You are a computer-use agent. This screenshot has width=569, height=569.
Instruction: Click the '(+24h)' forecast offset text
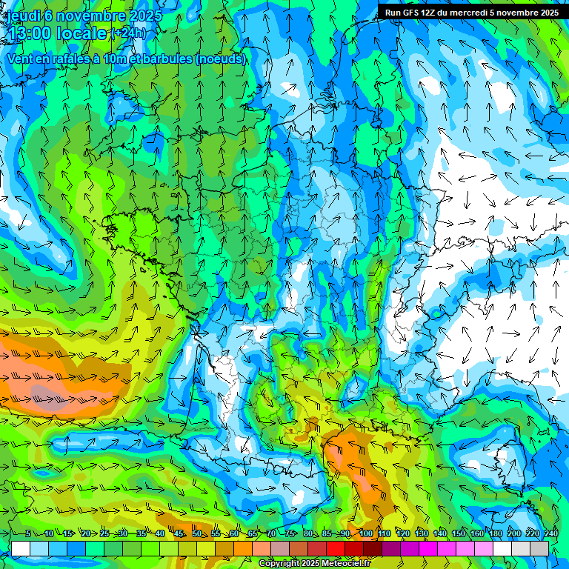coord(129,33)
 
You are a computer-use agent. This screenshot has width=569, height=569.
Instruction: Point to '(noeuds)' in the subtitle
coord(220,59)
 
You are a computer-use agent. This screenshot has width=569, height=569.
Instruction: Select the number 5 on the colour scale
coord(28,534)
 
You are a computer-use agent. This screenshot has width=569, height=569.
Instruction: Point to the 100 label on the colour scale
coord(366,534)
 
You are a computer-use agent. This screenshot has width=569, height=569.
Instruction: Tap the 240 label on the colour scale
coord(551,534)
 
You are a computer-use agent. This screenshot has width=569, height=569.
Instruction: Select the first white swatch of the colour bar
coord(21,548)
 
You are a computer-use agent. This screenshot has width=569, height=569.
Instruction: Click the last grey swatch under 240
coord(539,548)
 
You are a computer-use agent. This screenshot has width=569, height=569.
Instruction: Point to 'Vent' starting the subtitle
coord(21,59)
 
